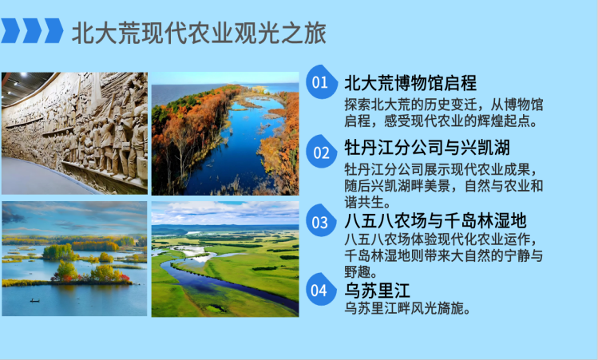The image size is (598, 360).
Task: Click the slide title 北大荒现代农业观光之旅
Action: point(199,34)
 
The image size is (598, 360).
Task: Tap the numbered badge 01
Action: point(320,82)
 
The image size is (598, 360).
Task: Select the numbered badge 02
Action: point(321,152)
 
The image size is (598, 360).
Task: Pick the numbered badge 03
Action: point(320,222)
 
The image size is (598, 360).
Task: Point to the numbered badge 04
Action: point(319,291)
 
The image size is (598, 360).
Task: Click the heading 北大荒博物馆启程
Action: point(410,83)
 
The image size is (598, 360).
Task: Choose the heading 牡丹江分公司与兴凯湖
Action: point(427,149)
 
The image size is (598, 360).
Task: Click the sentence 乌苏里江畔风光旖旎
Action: point(406,308)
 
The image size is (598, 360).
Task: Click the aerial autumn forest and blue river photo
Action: point(225,133)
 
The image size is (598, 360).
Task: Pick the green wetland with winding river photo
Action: point(225,258)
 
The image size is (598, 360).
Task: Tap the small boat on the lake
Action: point(34,301)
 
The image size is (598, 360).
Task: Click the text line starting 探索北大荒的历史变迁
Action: point(445,104)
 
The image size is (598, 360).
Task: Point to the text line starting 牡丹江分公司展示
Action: point(445,170)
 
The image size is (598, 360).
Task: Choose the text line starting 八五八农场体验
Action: point(445,240)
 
